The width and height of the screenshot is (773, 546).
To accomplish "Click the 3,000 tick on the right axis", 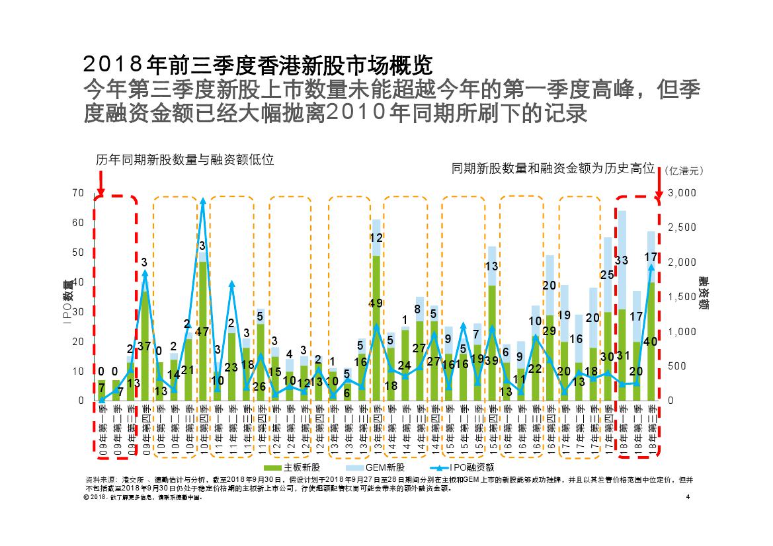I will pyautogui.click(x=682, y=192).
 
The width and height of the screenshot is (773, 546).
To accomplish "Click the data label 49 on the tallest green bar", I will pyautogui.click(x=376, y=303).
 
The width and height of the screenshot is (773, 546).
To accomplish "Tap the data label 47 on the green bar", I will pyautogui.click(x=202, y=332).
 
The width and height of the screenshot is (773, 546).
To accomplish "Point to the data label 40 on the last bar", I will pyautogui.click(x=651, y=341).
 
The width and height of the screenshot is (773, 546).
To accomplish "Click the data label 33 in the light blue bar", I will pyautogui.click(x=622, y=260).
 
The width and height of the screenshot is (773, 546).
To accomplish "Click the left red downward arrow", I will pyautogui.click(x=101, y=182).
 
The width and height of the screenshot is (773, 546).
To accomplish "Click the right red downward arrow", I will pyautogui.click(x=659, y=182).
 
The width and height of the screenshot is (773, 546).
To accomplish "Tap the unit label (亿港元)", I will pyautogui.click(x=683, y=171).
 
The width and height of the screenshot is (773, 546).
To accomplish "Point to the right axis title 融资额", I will pyautogui.click(x=703, y=295).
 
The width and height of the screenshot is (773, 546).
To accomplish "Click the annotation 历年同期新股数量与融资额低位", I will pyautogui.click(x=184, y=159).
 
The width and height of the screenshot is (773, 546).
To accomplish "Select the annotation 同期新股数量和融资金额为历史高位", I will pyautogui.click(x=553, y=169).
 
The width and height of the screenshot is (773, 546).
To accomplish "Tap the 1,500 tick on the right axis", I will pyautogui.click(x=682, y=297).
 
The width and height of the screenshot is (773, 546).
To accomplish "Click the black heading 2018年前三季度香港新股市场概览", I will pyautogui.click(x=259, y=65).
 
